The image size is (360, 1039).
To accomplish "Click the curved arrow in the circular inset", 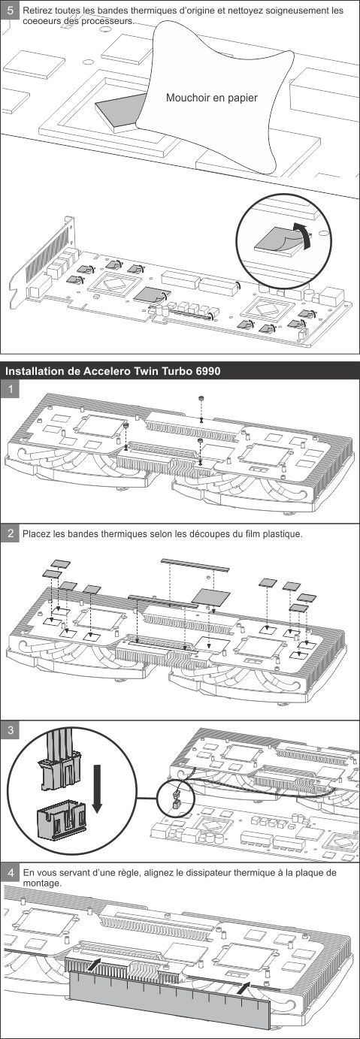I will coord(302,234).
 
